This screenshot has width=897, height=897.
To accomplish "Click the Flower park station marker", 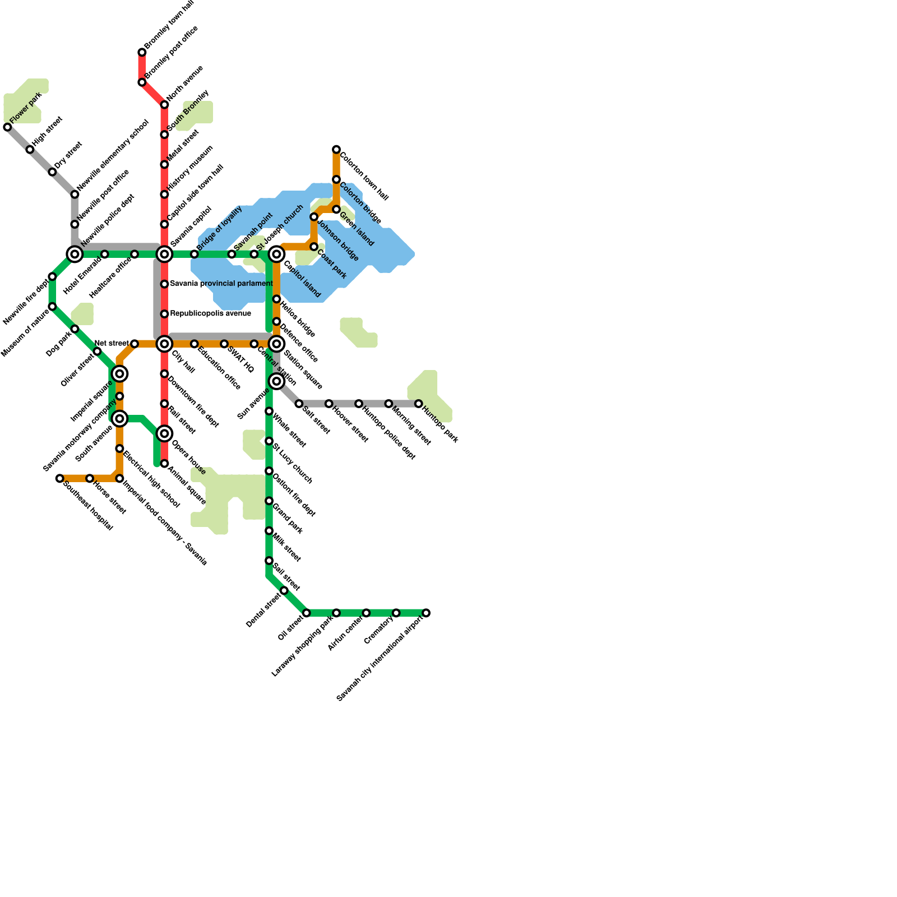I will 7,127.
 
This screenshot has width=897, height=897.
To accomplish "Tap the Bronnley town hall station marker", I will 142,53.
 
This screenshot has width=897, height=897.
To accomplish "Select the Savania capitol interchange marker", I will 164,255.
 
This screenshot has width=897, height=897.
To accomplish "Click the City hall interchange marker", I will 164,344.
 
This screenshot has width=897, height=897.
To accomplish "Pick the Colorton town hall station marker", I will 336,150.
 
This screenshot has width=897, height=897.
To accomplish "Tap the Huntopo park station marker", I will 418,404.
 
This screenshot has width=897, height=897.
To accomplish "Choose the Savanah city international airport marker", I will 426,613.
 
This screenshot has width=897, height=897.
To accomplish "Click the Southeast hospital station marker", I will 59,478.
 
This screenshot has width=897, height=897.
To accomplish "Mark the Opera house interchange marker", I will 164,433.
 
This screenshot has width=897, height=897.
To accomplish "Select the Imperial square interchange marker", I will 119,373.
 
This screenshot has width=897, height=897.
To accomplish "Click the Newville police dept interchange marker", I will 75,255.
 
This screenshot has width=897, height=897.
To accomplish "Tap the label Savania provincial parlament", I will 221,284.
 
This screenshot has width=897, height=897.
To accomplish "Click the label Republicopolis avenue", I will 210,313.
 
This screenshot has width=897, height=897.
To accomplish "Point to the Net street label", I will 112,343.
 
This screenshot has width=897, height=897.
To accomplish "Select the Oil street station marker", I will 306,613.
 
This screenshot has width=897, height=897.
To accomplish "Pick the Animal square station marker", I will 164,464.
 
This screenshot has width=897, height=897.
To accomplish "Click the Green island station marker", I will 336,209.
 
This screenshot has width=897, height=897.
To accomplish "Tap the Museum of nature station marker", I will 52,307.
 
